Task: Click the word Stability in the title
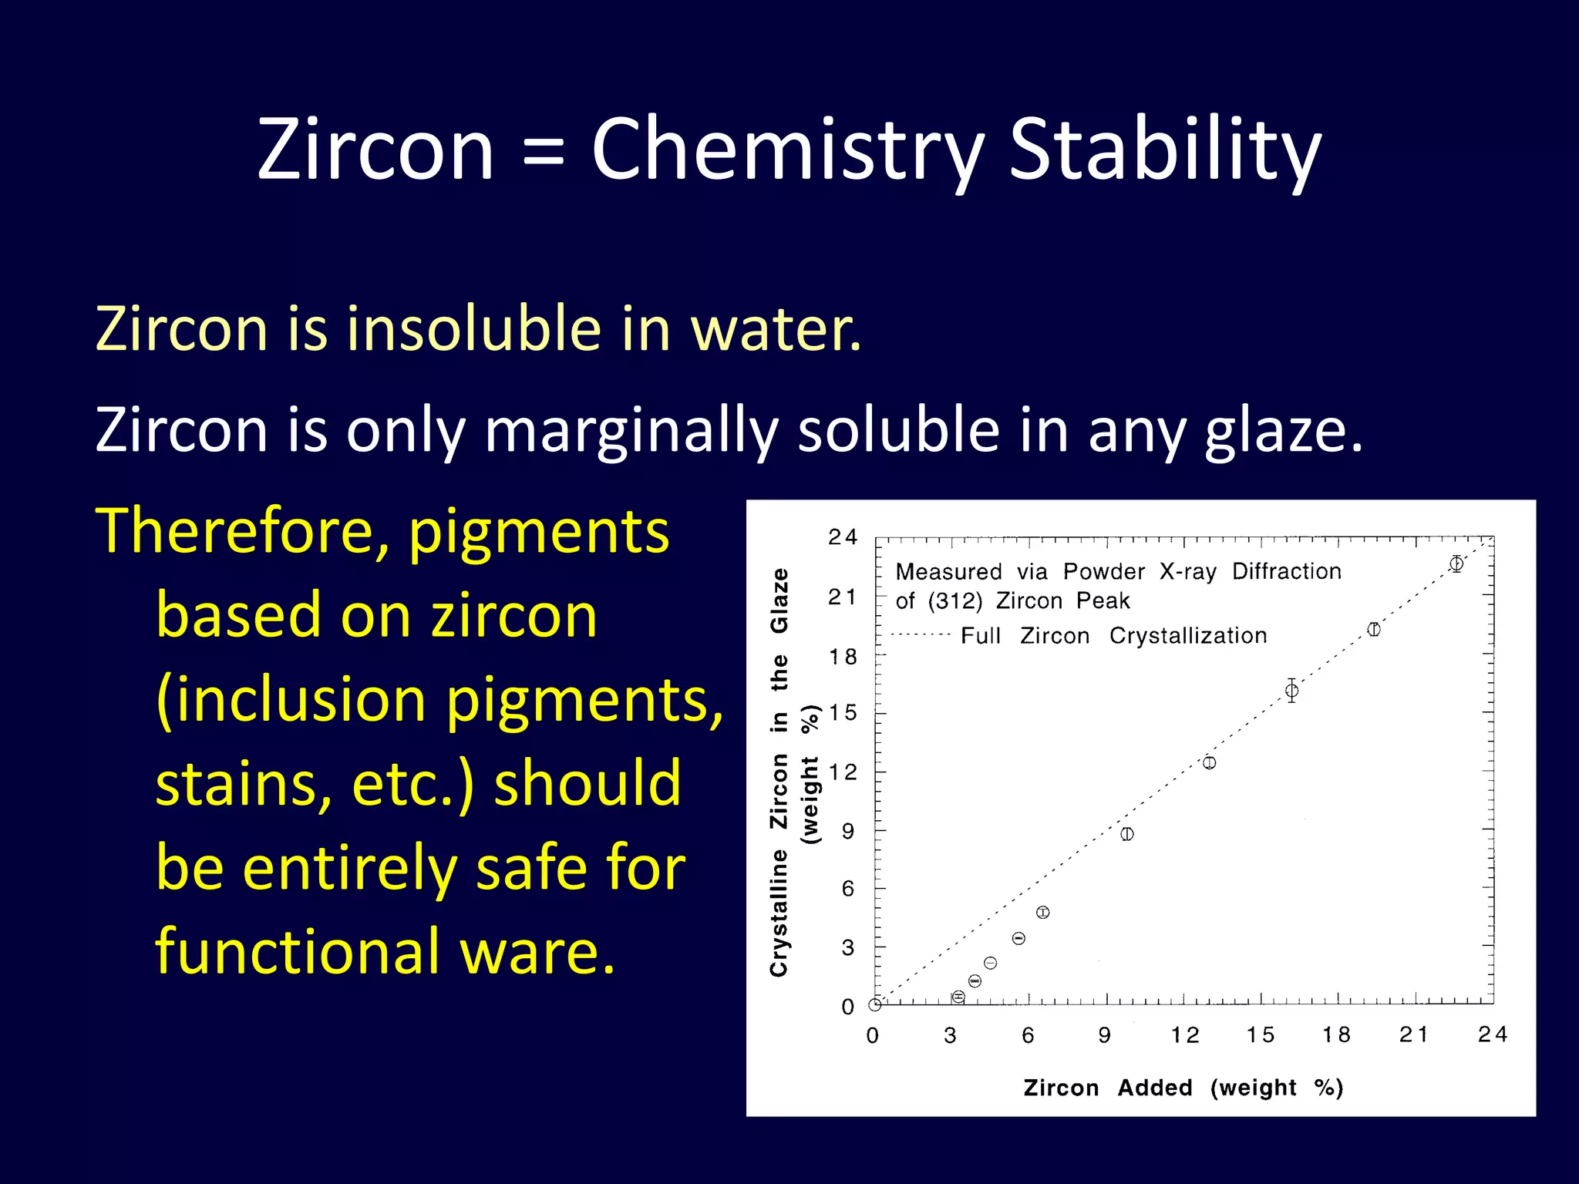(1165, 150)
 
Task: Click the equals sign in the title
(543, 151)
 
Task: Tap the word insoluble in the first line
(473, 329)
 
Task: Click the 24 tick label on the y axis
(842, 537)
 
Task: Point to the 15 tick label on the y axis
(843, 713)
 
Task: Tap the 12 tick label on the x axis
(1184, 1035)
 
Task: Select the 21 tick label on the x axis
(1414, 1034)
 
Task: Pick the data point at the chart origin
(875, 1004)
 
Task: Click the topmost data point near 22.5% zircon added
(1456, 564)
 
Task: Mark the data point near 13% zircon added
(1210, 762)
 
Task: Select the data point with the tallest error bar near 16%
(1291, 691)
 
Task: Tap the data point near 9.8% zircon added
(1127, 834)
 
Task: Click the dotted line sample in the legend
(921, 635)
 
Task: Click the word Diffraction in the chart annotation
(1286, 571)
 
